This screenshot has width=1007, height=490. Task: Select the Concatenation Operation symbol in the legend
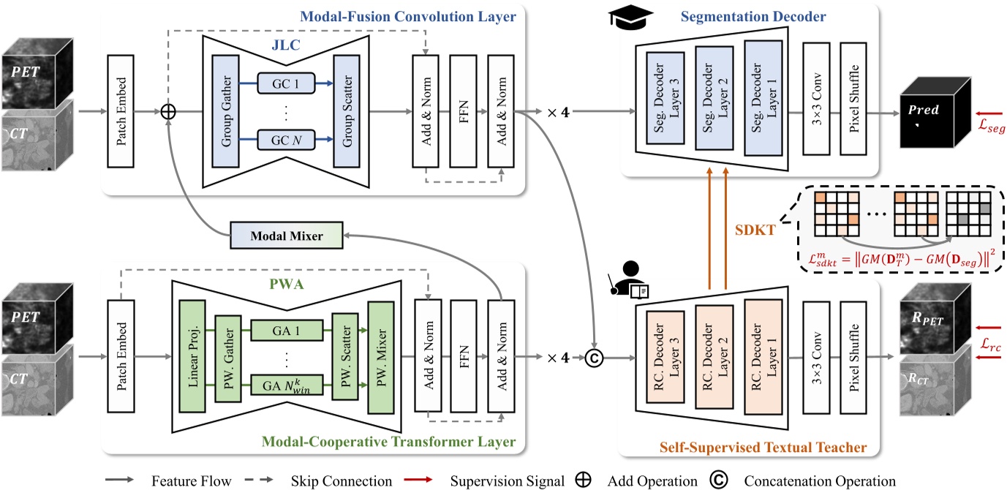(717, 480)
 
